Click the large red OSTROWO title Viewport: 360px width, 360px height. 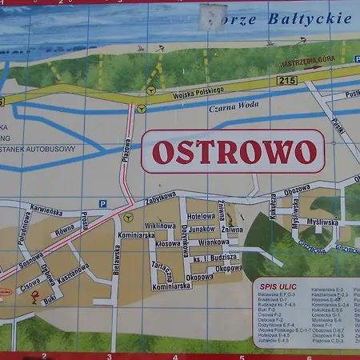coord(233,152)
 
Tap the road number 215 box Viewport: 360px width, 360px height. coord(286,82)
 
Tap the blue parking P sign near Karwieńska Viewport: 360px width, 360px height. coord(102,204)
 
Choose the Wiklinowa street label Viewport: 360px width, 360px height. coord(160,226)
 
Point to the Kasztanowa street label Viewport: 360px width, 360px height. coord(74,274)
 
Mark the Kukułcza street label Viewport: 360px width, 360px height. coord(273,206)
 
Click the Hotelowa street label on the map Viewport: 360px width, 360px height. coord(202,216)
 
